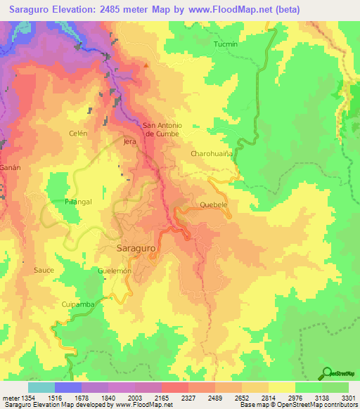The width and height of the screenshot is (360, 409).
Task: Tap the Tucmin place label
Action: pos(226,44)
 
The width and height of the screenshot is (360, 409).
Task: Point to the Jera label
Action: pos(129,141)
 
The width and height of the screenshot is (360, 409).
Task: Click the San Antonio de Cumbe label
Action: pos(162,129)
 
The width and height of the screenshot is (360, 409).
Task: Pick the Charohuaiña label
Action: pos(211,152)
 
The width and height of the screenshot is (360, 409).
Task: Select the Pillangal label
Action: pos(79,202)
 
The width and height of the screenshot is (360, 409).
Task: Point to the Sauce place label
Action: pos(44,269)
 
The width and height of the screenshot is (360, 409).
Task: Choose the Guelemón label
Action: pos(115,271)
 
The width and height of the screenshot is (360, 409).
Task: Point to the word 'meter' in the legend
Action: pos(10,398)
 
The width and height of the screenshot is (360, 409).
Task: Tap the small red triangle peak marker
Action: pos(146,67)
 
